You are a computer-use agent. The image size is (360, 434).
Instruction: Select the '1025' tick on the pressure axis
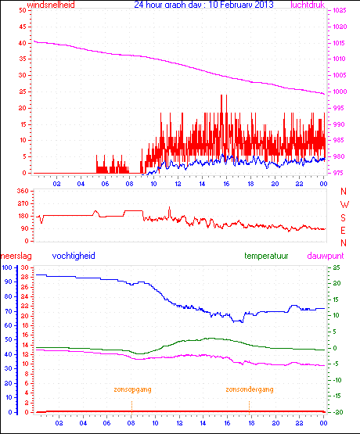(340, 11)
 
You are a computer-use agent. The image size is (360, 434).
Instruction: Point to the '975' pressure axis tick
(338, 173)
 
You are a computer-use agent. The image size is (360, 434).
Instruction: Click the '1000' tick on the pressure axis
(340, 92)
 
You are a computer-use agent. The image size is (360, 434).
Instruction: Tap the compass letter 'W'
(343, 204)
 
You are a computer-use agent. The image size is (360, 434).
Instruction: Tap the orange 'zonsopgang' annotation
(132, 389)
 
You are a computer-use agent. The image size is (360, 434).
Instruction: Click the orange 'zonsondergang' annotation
(250, 389)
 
